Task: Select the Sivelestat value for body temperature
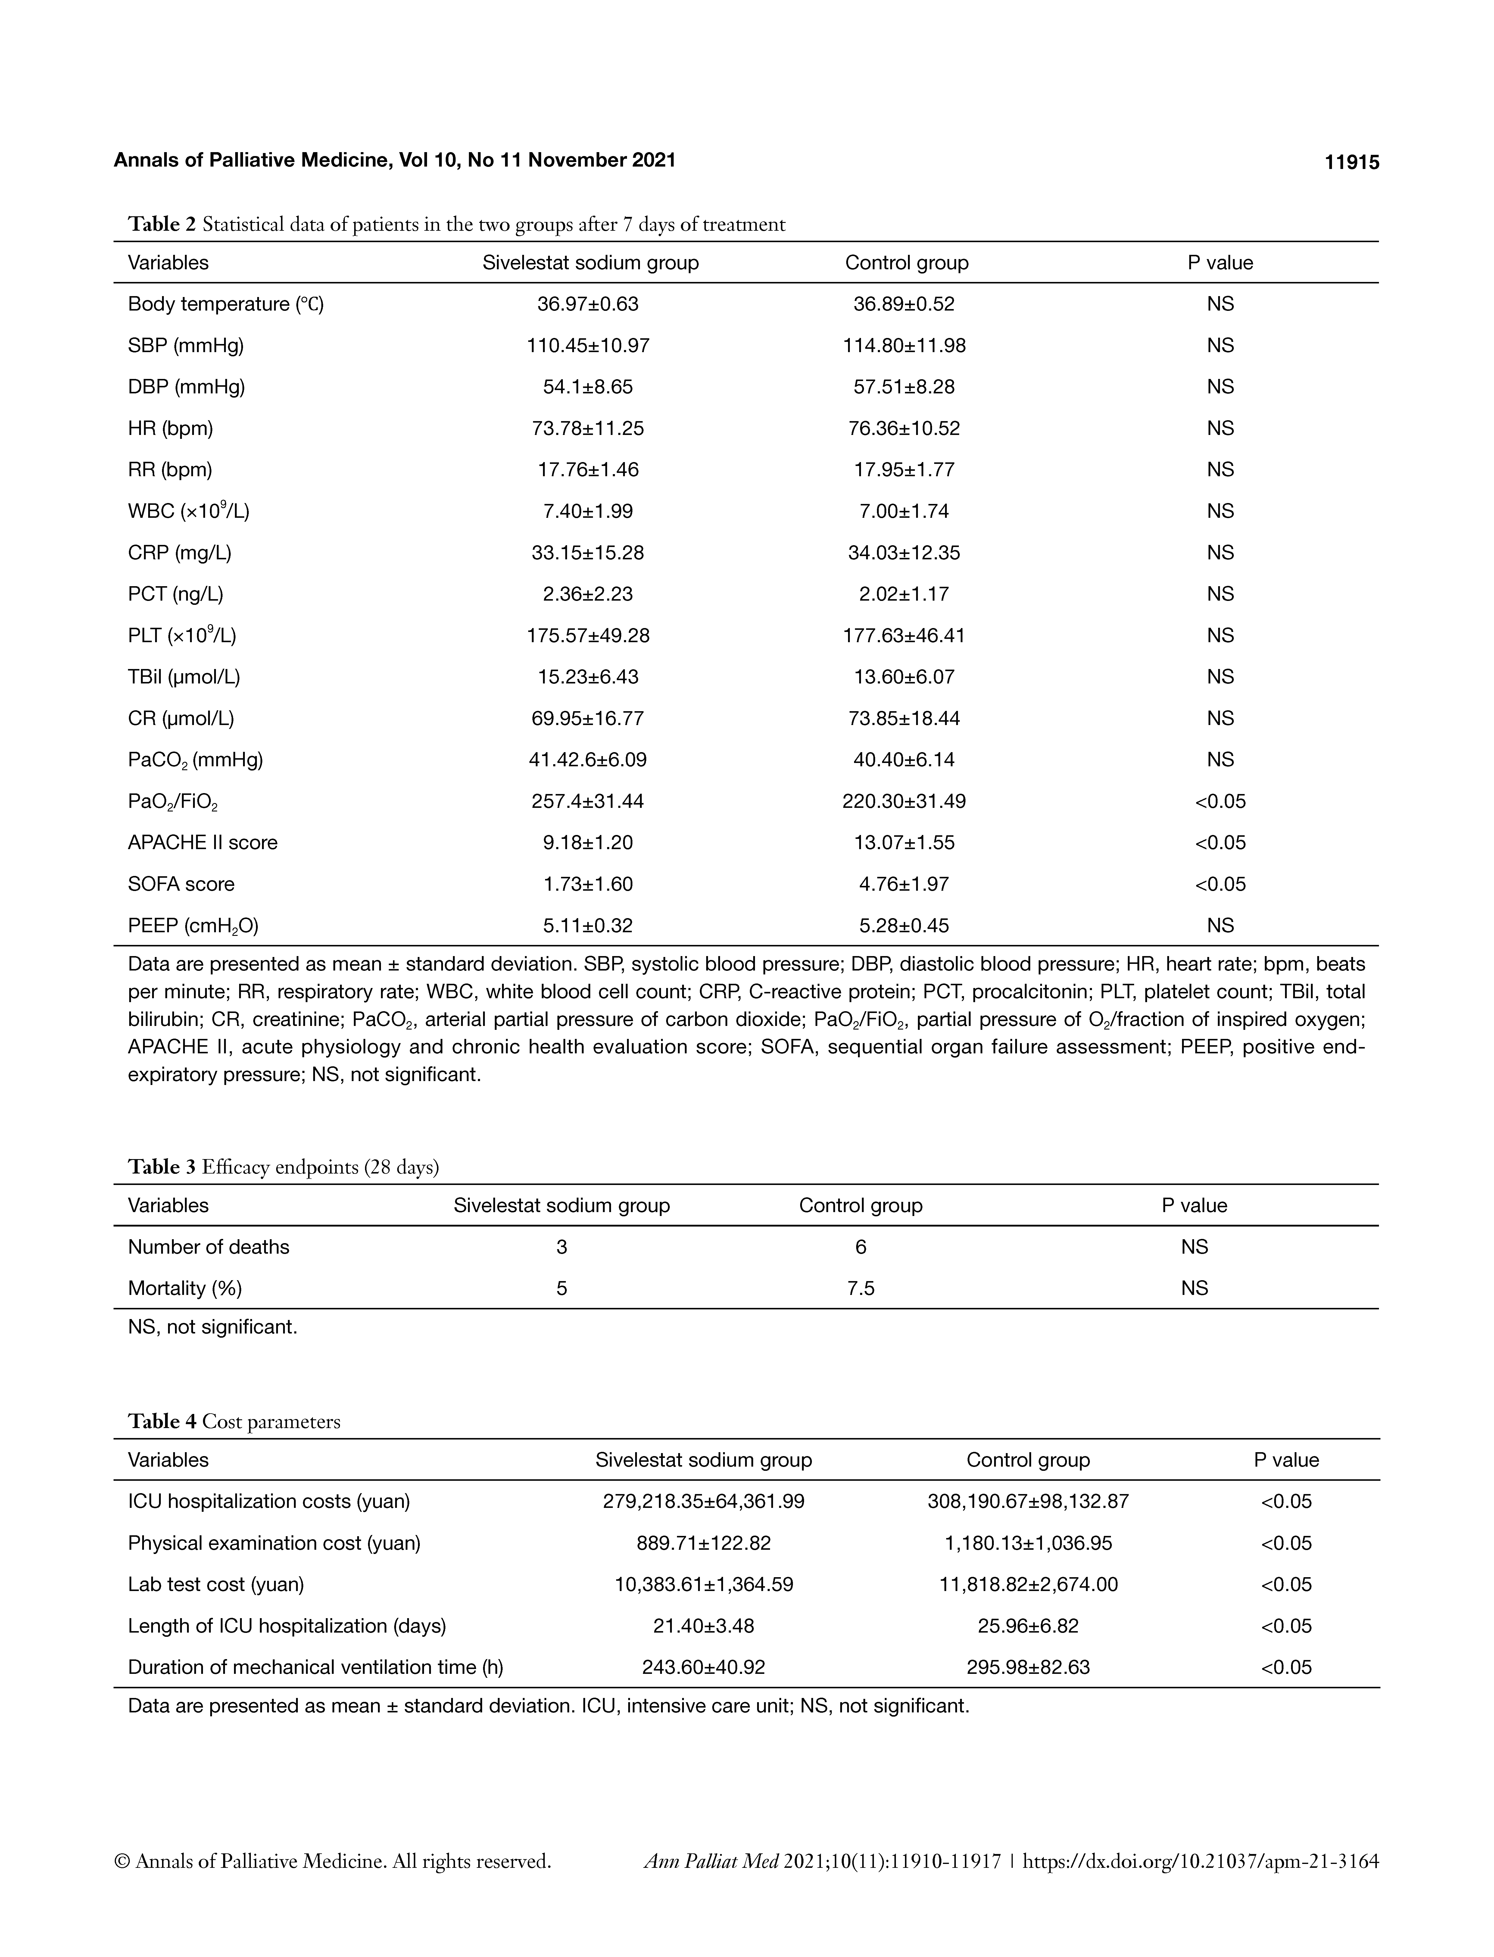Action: click(588, 304)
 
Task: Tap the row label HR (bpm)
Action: click(171, 428)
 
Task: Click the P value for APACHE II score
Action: click(1220, 843)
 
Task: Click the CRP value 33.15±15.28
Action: click(588, 552)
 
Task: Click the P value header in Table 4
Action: click(1286, 1460)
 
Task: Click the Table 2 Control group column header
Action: click(906, 262)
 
